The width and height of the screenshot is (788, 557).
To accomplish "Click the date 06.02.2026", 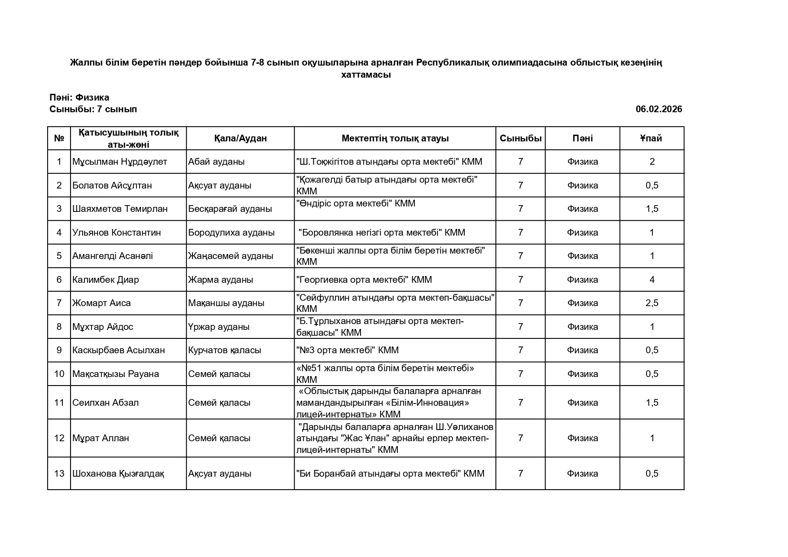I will [x=658, y=109].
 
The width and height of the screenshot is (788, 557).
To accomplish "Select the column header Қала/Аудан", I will [x=240, y=138].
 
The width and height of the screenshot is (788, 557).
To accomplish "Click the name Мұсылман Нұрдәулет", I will [x=119, y=162].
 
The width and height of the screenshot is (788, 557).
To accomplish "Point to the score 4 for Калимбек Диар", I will [x=652, y=280].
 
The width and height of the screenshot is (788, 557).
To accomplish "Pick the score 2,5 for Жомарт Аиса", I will [x=652, y=303].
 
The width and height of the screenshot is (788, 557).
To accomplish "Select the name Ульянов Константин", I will [x=117, y=232].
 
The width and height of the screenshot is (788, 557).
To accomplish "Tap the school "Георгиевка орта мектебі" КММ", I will [x=364, y=280].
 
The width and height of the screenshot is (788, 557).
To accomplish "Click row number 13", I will [x=59, y=474].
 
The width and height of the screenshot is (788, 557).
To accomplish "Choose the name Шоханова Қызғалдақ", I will [x=118, y=474].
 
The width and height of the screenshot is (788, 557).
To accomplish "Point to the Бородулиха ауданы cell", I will [x=231, y=232].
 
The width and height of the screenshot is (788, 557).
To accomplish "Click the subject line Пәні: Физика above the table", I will [x=79, y=97].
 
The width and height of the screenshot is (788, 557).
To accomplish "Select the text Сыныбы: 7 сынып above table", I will [x=93, y=109].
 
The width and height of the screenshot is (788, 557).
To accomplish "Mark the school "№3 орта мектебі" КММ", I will [x=348, y=350].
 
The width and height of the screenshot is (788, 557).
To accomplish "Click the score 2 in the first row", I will [x=652, y=162].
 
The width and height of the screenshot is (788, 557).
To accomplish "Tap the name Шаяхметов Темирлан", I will [x=120, y=209].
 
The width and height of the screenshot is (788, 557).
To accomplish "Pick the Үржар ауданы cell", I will [x=219, y=327].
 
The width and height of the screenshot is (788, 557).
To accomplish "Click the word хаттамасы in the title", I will [x=366, y=75].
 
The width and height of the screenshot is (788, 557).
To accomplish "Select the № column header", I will [x=59, y=138].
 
